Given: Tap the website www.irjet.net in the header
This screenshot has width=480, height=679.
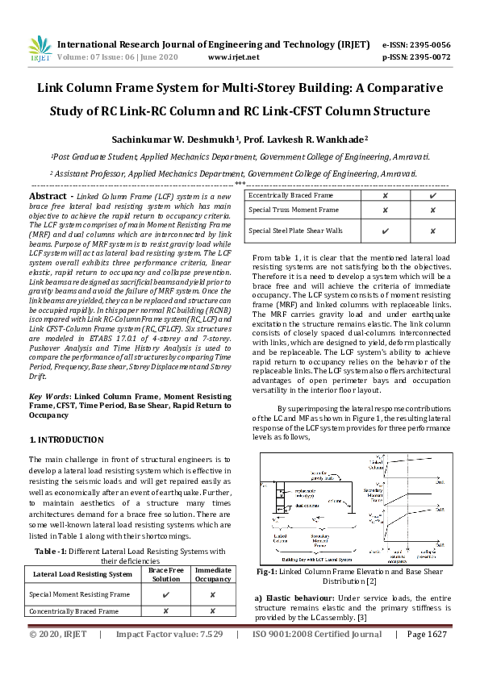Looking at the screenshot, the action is (x=233, y=58).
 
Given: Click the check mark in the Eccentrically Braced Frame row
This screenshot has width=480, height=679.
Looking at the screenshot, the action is (x=434, y=195).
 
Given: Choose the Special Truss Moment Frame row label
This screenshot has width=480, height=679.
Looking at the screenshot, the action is (x=294, y=210).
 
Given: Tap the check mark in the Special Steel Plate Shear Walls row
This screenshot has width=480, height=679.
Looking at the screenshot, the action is (x=386, y=231).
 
